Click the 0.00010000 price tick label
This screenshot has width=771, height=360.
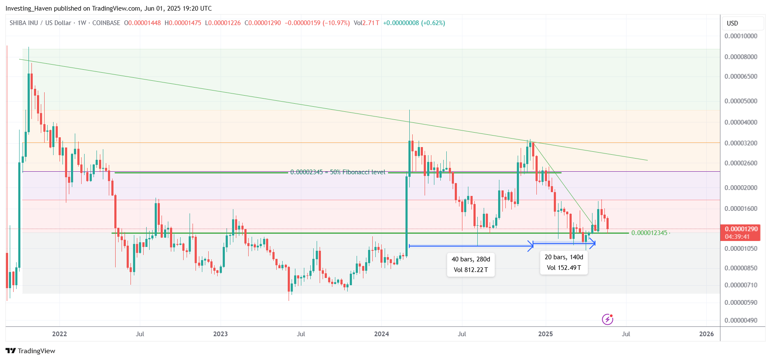741,36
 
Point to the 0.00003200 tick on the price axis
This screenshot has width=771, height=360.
741,143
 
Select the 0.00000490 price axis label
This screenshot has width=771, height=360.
741,320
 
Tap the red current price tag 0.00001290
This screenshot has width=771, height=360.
741,229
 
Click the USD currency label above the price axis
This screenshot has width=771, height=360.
732,23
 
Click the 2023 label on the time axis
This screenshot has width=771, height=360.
221,334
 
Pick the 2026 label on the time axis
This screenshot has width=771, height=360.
706,334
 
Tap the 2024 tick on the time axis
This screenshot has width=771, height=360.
381,334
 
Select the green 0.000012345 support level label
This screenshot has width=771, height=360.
649,233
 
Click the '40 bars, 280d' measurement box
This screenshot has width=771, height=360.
471,264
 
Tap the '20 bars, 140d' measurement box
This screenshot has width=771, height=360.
564,262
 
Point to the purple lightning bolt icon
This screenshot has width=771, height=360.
607,319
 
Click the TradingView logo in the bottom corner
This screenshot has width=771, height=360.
31,351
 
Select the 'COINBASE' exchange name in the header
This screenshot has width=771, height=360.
106,23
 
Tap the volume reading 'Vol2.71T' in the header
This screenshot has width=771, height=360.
366,23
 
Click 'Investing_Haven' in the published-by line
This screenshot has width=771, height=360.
28,9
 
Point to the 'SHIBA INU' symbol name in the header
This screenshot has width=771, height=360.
24,23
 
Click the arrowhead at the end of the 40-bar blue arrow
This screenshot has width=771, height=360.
531,246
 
